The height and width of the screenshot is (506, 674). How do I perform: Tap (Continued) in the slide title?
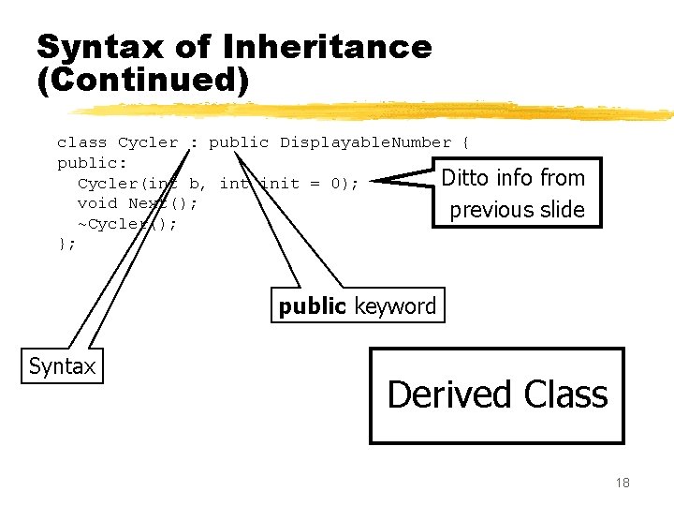(x=143, y=81)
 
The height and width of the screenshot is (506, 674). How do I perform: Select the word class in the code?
(x=81, y=142)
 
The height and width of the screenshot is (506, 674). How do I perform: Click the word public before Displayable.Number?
(x=239, y=142)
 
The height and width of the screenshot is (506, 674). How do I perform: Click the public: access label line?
(x=87, y=163)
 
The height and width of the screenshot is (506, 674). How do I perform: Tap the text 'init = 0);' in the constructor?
(x=309, y=184)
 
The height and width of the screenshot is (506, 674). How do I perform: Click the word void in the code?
(x=97, y=203)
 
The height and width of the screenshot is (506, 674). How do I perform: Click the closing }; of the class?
(x=66, y=244)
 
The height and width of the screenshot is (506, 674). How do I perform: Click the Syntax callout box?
(x=62, y=366)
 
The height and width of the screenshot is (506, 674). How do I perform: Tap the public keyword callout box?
(x=358, y=305)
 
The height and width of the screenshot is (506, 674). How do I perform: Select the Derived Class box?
(x=497, y=394)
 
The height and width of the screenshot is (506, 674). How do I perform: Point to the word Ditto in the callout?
(x=463, y=178)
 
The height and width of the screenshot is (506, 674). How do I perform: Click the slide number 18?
(x=623, y=483)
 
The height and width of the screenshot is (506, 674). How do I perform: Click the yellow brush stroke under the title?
(x=374, y=111)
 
